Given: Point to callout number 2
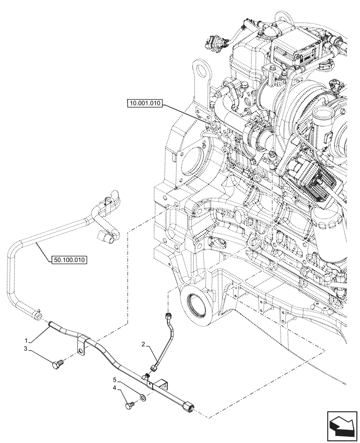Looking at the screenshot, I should click(144, 344).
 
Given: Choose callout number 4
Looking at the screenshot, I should click(116, 388).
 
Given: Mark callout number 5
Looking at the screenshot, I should click(116, 380).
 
